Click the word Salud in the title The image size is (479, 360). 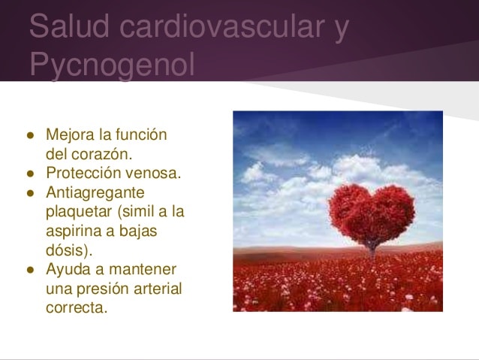[x=69, y=26]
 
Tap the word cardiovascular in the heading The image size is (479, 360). [x=221, y=26]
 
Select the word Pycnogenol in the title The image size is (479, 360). [x=112, y=65]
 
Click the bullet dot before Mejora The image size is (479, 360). [x=30, y=135]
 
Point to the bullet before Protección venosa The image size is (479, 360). [x=30, y=174]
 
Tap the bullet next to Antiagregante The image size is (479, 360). [x=30, y=193]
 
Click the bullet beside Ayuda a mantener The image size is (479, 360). [x=30, y=270]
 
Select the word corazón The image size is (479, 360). [x=101, y=154]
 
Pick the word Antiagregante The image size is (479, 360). [x=95, y=193]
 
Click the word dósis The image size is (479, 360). [x=69, y=250]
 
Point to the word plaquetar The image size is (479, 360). [x=79, y=212]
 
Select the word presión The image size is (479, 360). [x=103, y=289]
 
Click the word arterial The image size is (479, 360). [x=158, y=289]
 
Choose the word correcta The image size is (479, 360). [x=77, y=307]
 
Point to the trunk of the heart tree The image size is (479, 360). [x=372, y=250]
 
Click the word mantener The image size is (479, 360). [x=143, y=270]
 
